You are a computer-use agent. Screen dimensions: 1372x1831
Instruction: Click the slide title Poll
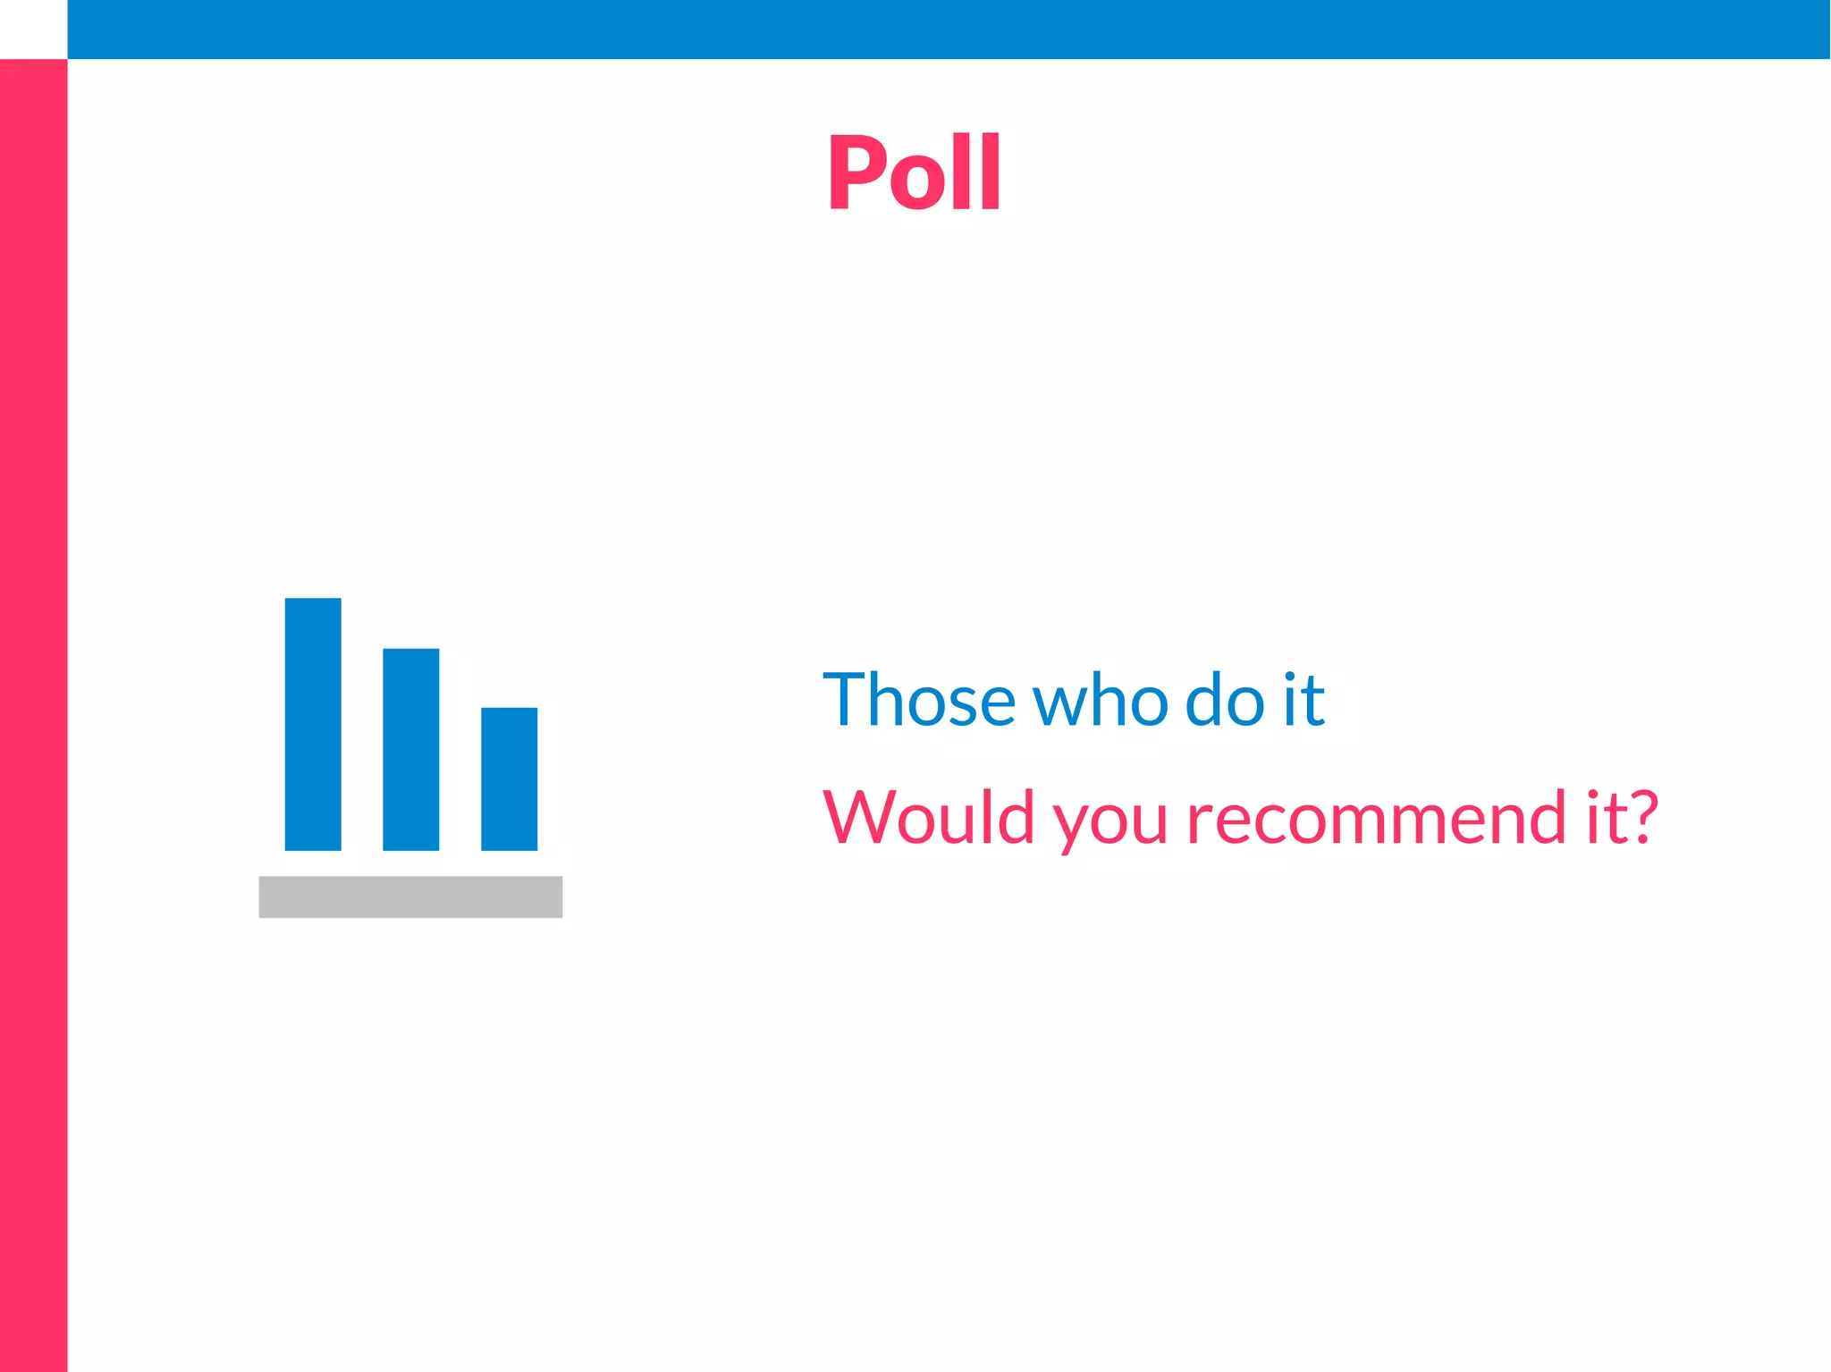[x=914, y=172]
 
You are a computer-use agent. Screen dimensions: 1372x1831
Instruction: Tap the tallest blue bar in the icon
[x=313, y=724]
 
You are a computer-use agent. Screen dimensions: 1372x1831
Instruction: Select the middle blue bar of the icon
[x=411, y=749]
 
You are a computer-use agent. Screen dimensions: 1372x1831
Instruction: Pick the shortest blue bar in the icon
[x=510, y=779]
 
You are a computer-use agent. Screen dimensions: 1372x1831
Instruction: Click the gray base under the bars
[x=410, y=896]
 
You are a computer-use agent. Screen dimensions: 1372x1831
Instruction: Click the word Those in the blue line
[x=919, y=699]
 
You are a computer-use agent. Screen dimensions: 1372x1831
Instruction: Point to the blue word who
[x=1101, y=699]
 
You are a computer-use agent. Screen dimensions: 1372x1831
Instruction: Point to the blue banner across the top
[x=948, y=29]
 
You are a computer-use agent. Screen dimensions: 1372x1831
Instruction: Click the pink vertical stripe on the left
[x=33, y=715]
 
